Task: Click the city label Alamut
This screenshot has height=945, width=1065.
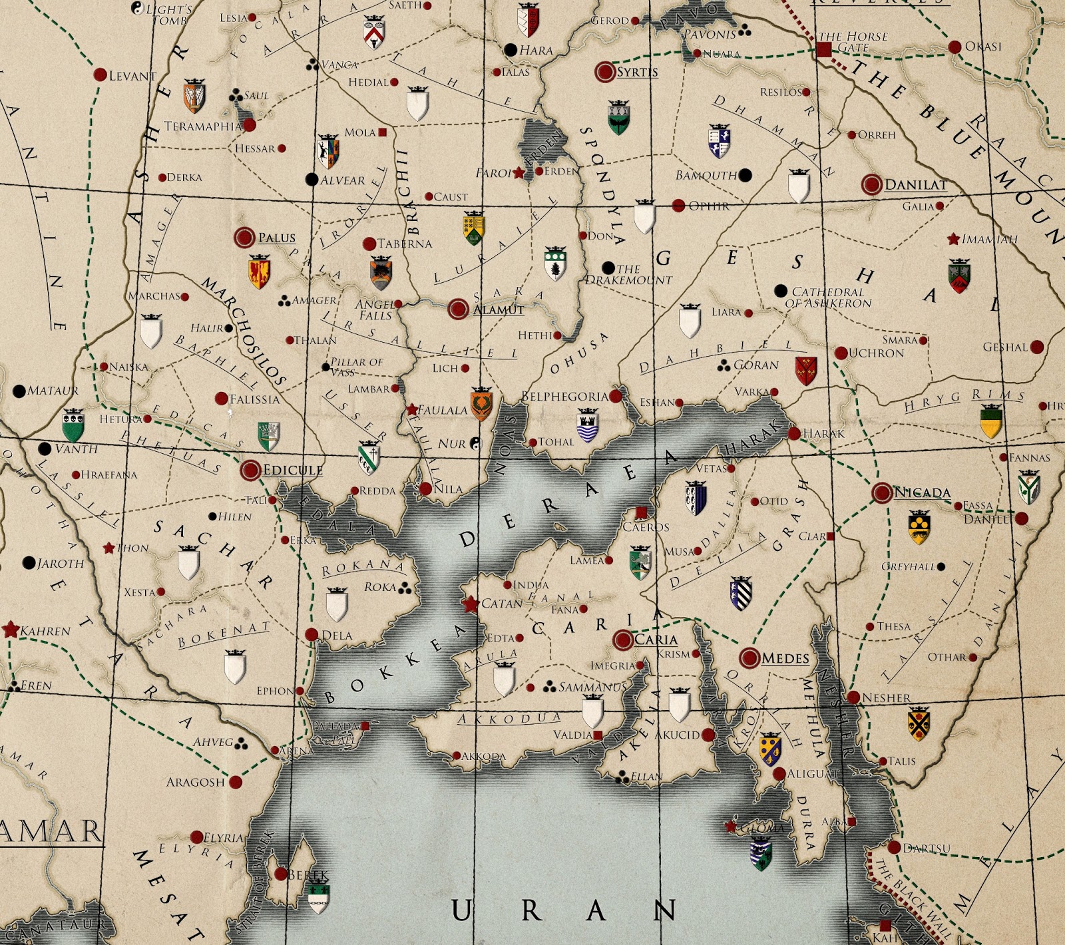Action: point(498,309)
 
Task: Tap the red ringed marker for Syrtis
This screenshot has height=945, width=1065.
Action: point(605,72)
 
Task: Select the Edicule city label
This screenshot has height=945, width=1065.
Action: point(292,470)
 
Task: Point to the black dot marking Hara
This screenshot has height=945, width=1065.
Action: point(511,50)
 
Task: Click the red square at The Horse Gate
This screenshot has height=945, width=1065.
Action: point(824,49)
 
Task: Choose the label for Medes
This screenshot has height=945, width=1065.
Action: point(785,658)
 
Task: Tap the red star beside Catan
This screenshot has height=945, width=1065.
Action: point(471,604)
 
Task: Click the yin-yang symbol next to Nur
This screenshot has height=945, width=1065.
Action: point(475,443)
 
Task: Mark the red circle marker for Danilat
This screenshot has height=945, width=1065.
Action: point(871,184)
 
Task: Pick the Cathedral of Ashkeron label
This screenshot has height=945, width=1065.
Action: point(828,297)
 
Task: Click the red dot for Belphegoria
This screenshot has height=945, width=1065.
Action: point(616,397)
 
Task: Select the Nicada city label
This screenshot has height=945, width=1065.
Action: point(921,492)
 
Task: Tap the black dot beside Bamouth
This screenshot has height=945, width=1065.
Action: point(745,175)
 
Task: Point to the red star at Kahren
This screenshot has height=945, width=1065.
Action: point(11,630)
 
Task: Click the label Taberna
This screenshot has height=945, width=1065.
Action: point(405,244)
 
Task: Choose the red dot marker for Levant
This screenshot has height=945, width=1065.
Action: point(100,75)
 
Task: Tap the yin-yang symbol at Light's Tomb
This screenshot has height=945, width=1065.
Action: point(138,9)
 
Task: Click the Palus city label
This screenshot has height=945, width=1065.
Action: point(276,238)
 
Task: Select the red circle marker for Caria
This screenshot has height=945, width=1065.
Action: point(623,640)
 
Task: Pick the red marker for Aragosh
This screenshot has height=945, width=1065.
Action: point(236,782)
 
